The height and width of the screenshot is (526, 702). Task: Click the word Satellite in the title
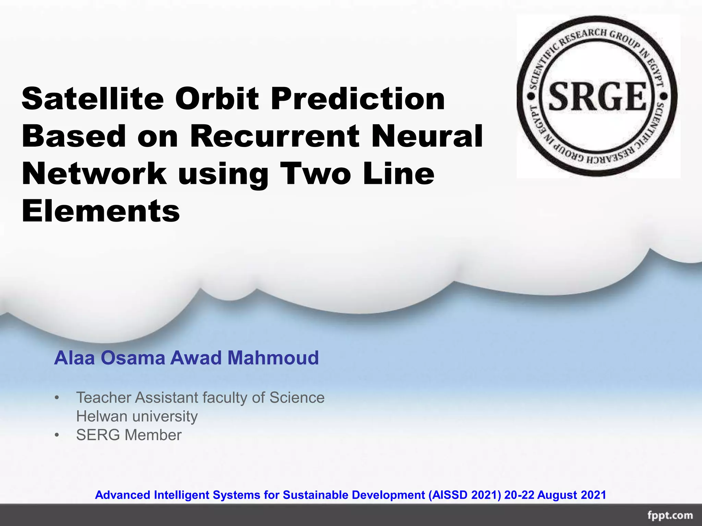(x=93, y=99)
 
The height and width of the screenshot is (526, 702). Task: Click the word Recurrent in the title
(x=274, y=136)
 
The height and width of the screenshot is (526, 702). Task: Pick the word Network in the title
(x=94, y=174)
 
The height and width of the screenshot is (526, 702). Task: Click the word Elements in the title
(x=101, y=211)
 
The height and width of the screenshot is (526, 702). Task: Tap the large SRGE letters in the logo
(x=597, y=97)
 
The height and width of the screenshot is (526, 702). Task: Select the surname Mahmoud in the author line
(x=273, y=358)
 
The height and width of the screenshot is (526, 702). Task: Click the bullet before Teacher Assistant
(x=57, y=398)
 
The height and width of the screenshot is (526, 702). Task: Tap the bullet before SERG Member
(x=57, y=435)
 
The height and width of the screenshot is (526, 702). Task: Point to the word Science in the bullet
(x=297, y=398)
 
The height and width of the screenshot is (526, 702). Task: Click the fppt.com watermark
(x=670, y=515)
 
